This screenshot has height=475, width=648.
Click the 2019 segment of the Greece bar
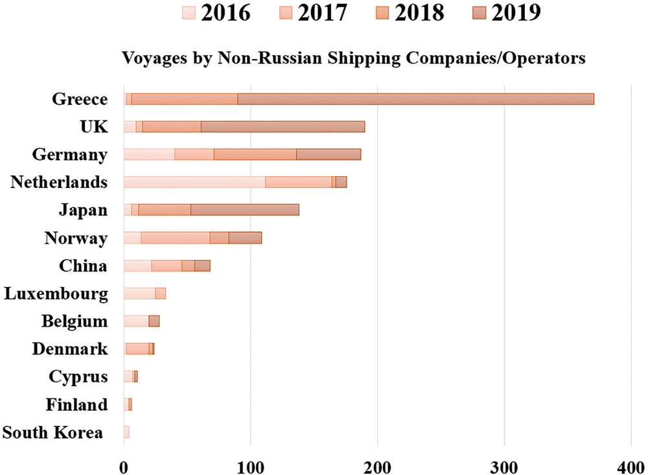[x=415, y=99]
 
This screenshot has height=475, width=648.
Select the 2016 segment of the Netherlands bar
[x=194, y=182]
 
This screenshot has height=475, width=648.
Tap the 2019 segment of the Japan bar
[x=245, y=210]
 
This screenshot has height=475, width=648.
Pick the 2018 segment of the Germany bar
[x=255, y=154]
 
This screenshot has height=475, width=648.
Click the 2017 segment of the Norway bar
[x=175, y=238]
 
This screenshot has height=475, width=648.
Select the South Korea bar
[x=126, y=432]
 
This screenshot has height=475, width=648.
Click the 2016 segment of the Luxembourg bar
[x=139, y=294]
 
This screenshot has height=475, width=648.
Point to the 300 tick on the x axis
[x=504, y=465]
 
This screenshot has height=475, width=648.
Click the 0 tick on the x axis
[x=124, y=465]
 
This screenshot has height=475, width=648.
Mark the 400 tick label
[x=631, y=465]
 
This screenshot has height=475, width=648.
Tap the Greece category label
[x=80, y=99]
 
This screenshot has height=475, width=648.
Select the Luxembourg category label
[x=56, y=294]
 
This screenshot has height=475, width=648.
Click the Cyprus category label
[x=78, y=377]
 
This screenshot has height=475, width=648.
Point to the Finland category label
[x=76, y=405]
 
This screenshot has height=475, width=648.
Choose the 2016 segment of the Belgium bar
[x=135, y=321]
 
